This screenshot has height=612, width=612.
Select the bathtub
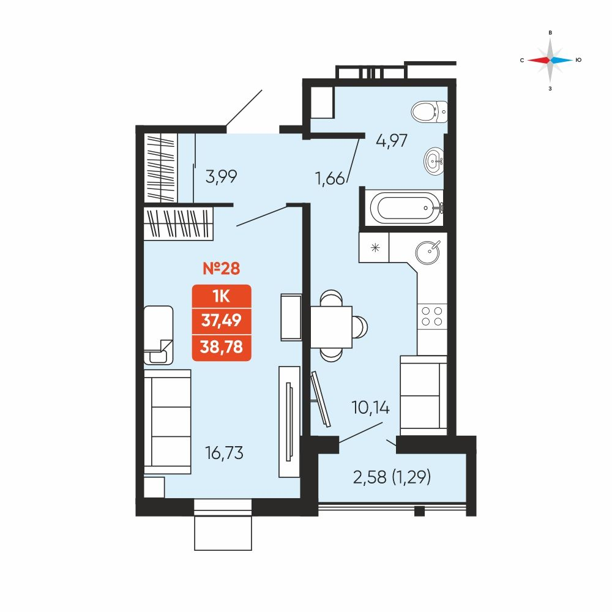pyautogui.click(x=406, y=207)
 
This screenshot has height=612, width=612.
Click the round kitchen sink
pyautogui.click(x=428, y=252)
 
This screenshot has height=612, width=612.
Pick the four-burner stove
pyautogui.click(x=432, y=316)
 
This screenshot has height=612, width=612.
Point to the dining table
pyautogui.click(x=331, y=327)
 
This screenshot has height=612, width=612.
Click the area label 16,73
pyautogui.click(x=224, y=453)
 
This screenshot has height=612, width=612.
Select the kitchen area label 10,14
pyautogui.click(x=371, y=408)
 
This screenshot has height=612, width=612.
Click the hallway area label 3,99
pyautogui.click(x=222, y=177)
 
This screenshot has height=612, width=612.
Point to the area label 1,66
pyautogui.click(x=330, y=179)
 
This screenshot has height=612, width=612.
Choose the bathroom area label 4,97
pyautogui.click(x=392, y=141)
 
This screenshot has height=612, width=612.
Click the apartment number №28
pyautogui.click(x=222, y=269)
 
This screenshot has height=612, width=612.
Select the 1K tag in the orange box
pyautogui.click(x=222, y=297)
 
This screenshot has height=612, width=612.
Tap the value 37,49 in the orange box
pyautogui.click(x=222, y=321)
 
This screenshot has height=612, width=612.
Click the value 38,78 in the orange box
pyautogui.click(x=222, y=346)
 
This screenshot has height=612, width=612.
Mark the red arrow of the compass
pyautogui.click(x=539, y=60)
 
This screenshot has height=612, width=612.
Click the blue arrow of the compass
pyautogui.click(x=562, y=60)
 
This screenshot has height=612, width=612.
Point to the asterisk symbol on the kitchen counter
pyautogui.click(x=375, y=247)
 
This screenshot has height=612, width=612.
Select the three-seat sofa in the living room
pyautogui.click(x=168, y=422)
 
